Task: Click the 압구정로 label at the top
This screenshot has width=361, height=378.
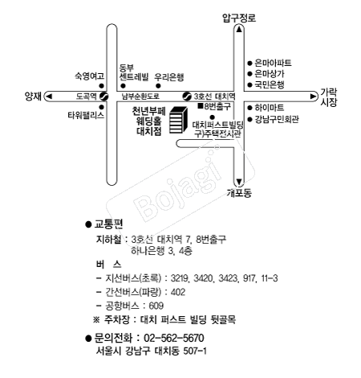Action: (x=239, y=18)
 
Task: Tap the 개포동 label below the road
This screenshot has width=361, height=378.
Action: (x=239, y=192)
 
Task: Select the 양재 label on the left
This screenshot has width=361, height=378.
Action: (x=33, y=97)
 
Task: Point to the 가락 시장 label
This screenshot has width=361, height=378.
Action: (x=329, y=97)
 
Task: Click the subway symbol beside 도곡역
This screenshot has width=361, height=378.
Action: (x=103, y=97)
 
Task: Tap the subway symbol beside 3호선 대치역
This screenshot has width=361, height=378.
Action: (x=187, y=97)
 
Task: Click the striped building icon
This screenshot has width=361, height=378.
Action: (x=178, y=120)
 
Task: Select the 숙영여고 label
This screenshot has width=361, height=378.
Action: (x=89, y=76)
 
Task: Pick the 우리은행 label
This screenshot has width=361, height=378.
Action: (x=169, y=77)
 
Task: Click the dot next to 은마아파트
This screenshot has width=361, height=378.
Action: (x=249, y=64)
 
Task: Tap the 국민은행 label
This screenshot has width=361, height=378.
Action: (x=270, y=84)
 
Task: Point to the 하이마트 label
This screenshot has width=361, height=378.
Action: (x=270, y=108)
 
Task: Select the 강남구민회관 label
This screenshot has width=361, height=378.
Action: (x=277, y=119)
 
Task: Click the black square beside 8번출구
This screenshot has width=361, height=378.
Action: (x=201, y=106)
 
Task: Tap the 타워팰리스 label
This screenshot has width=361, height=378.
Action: (x=86, y=115)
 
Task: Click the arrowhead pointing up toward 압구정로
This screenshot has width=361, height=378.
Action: (x=239, y=29)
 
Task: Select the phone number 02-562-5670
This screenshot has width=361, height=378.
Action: (x=174, y=338)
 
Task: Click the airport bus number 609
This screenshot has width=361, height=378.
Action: (x=156, y=306)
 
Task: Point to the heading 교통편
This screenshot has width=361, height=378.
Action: (x=108, y=224)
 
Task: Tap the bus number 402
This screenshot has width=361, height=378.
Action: (x=178, y=292)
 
